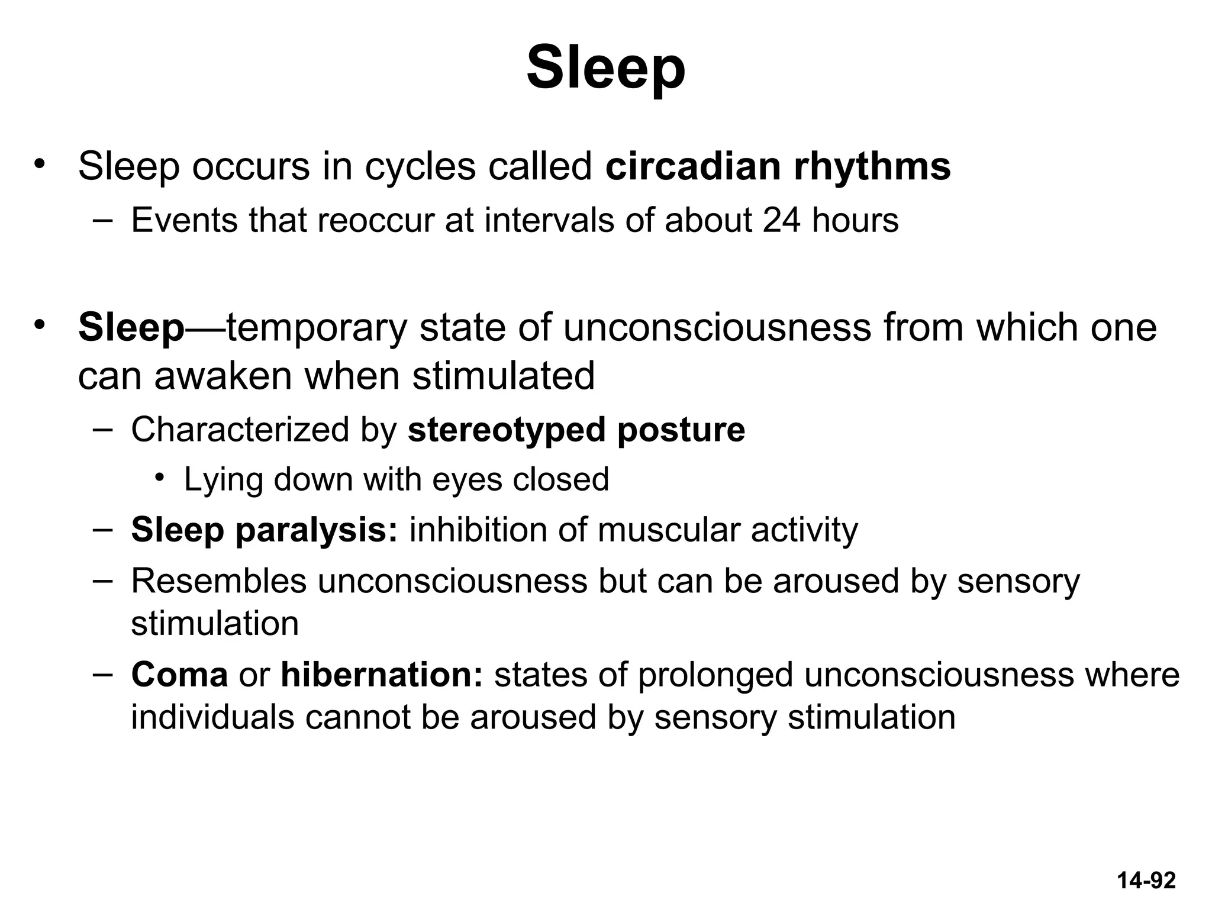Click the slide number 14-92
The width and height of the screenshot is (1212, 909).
pyautogui.click(x=1146, y=881)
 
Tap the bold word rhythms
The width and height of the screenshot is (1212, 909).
pyautogui.click(x=872, y=166)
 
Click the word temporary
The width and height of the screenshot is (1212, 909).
pyautogui.click(x=317, y=328)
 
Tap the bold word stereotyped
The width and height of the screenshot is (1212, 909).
pyautogui.click(x=507, y=430)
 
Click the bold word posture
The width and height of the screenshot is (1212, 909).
pyautogui.click(x=681, y=430)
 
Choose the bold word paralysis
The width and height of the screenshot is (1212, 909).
pyautogui.click(x=317, y=530)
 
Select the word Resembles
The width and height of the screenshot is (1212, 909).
pyautogui.click(x=218, y=581)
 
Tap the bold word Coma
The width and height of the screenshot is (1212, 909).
pyautogui.click(x=179, y=675)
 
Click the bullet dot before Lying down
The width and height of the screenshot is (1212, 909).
pyautogui.click(x=159, y=478)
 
